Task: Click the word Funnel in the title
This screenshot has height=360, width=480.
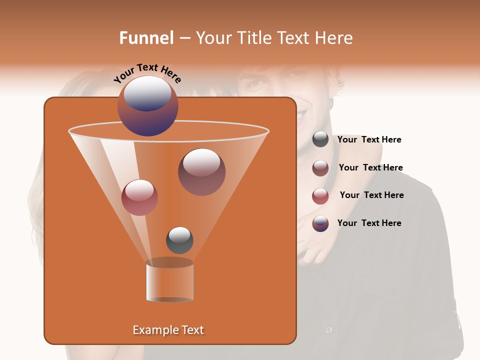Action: pyautogui.click(x=146, y=38)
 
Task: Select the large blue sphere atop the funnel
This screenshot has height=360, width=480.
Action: pyautogui.click(x=148, y=105)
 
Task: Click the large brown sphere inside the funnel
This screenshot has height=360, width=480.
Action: pyautogui.click(x=201, y=172)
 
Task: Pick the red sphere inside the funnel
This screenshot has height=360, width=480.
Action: pyautogui.click(x=139, y=197)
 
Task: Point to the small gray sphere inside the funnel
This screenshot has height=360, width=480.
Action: pyautogui.click(x=179, y=240)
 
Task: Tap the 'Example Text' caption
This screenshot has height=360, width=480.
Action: pyautogui.click(x=168, y=330)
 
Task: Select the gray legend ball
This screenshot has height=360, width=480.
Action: pyautogui.click(x=320, y=139)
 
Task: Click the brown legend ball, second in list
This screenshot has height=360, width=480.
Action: pyautogui.click(x=320, y=168)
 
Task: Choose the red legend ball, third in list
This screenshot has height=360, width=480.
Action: pyautogui.click(x=320, y=196)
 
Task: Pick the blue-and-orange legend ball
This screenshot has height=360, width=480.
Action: pyautogui.click(x=320, y=223)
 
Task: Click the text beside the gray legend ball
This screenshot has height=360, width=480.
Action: pyautogui.click(x=369, y=140)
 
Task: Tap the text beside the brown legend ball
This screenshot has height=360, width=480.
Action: pyautogui.click(x=370, y=168)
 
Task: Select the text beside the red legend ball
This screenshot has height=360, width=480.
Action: pyautogui.click(x=371, y=195)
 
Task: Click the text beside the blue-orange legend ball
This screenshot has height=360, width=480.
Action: pyautogui.click(x=369, y=223)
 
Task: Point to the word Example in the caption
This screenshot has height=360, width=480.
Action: pyautogui.click(x=152, y=330)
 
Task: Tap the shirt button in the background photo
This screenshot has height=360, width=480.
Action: pyautogui.click(x=329, y=329)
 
